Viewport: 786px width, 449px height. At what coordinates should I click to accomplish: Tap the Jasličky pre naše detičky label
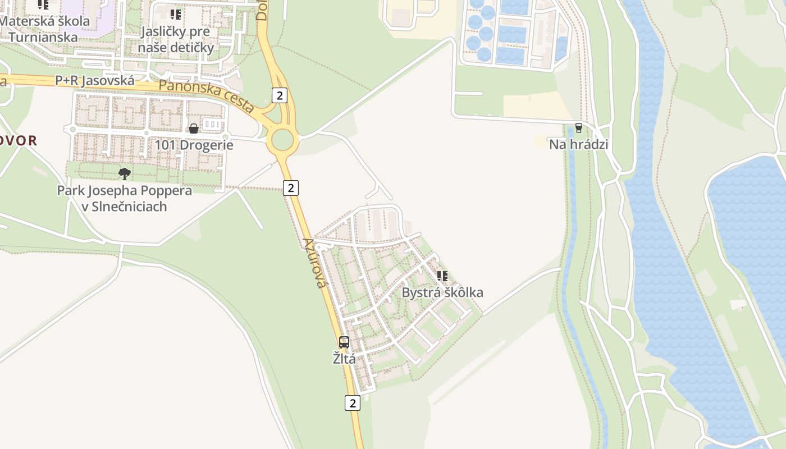click(176, 39)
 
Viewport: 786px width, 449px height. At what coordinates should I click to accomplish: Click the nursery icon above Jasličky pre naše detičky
click(176, 14)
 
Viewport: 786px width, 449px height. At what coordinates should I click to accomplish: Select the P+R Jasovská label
click(95, 81)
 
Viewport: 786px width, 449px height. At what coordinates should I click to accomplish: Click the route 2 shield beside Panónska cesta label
click(279, 95)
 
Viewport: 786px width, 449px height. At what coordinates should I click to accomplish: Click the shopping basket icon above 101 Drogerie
click(194, 129)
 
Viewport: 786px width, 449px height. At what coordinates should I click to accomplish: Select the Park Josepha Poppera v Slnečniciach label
click(125, 198)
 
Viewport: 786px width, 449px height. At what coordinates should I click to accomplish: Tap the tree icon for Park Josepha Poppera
click(125, 173)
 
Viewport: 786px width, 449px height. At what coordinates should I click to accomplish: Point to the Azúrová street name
click(314, 263)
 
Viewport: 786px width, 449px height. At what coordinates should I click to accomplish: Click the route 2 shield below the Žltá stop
click(352, 402)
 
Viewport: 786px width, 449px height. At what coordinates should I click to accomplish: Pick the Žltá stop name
click(344, 359)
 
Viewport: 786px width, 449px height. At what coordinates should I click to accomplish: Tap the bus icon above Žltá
click(344, 342)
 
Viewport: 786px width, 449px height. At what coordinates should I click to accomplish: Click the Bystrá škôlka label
click(442, 292)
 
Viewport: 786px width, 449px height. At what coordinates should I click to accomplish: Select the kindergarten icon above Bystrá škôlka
click(442, 276)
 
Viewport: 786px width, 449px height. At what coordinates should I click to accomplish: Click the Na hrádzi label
click(578, 144)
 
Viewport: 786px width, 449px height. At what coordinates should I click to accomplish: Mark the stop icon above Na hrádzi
click(578, 128)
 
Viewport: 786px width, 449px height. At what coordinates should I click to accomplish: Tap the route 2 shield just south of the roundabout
click(290, 187)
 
